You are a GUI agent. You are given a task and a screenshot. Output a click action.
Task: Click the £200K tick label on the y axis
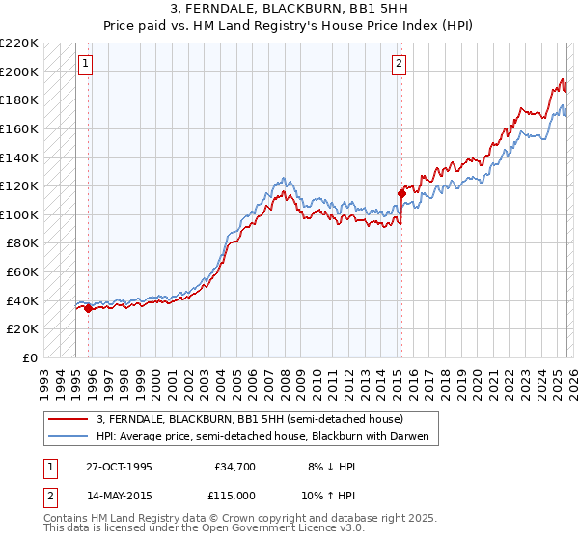(19, 71)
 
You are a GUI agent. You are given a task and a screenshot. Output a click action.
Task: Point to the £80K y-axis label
(22, 243)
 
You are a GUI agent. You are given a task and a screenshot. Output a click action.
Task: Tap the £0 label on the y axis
(31, 357)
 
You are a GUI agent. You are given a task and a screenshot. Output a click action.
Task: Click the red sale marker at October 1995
(89, 309)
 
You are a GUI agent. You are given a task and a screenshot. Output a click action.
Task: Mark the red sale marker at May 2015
(400, 193)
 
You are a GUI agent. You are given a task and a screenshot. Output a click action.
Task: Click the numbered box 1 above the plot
(86, 65)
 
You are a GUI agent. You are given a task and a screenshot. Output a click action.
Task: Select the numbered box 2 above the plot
(399, 65)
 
